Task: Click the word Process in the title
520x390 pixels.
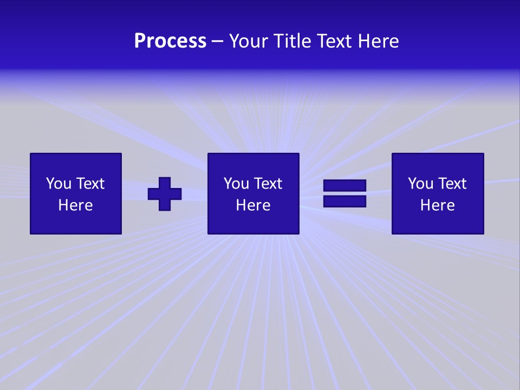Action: pyautogui.click(x=170, y=41)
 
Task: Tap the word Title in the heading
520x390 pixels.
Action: pyautogui.click(x=292, y=41)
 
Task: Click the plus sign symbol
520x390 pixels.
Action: pyautogui.click(x=165, y=194)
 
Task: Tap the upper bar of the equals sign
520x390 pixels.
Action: pyautogui.click(x=344, y=186)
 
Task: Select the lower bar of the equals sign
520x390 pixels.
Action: pyautogui.click(x=344, y=201)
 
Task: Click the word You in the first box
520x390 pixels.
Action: pyautogui.click(x=58, y=184)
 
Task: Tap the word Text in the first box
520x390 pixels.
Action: pyautogui.click(x=90, y=184)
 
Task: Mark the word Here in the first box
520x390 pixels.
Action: pyautogui.click(x=76, y=205)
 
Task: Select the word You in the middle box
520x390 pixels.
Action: pyautogui.click(x=236, y=184)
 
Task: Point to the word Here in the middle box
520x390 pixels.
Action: pyautogui.click(x=253, y=205)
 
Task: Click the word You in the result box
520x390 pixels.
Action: pyautogui.click(x=420, y=184)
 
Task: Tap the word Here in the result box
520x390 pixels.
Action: pyautogui.click(x=438, y=205)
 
